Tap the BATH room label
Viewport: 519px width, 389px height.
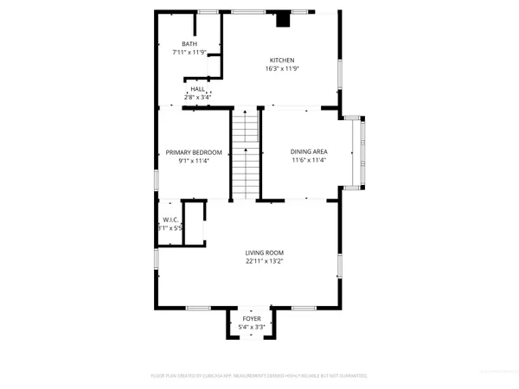189,44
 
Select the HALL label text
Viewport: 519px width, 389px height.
198,89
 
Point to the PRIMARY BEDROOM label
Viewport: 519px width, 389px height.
195,152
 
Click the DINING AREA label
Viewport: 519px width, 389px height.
308,152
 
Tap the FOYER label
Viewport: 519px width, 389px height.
251,319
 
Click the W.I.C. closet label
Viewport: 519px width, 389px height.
170,220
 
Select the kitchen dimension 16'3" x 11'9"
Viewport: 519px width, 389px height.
285,69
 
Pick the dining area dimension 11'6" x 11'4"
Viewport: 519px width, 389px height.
308,161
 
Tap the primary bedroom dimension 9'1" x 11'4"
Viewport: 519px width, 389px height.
195,161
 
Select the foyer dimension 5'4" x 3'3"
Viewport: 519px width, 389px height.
251,327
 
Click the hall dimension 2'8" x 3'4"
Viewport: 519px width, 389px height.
198,98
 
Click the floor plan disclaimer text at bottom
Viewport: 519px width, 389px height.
259,376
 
